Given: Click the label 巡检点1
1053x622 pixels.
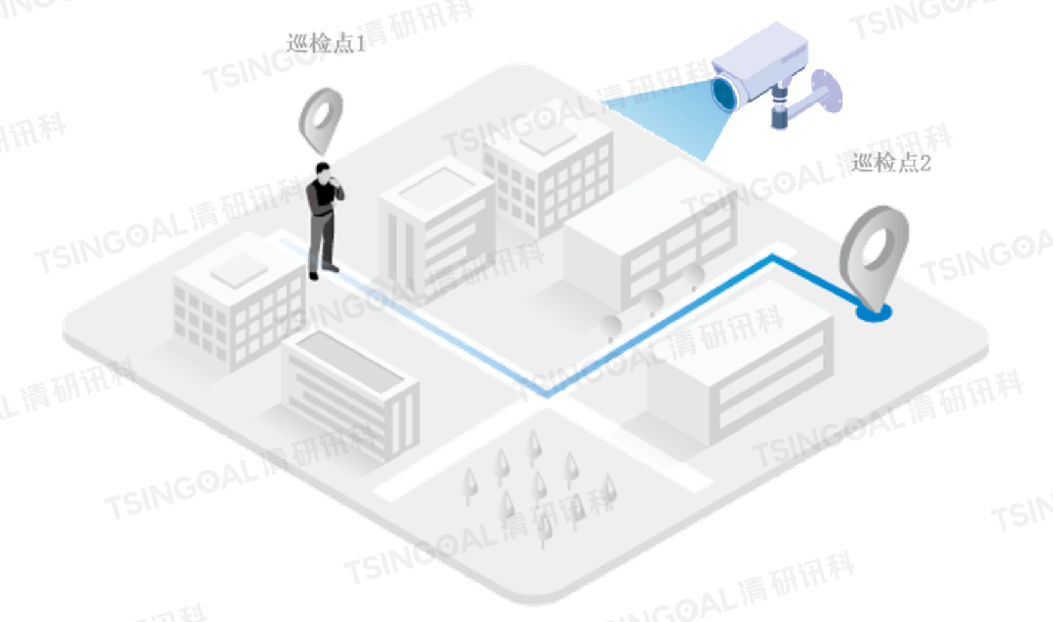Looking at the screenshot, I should (x=326, y=44).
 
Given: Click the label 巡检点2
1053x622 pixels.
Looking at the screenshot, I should (x=891, y=164).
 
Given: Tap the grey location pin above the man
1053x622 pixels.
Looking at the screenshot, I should (x=322, y=120).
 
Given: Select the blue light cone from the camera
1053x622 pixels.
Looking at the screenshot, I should (x=663, y=117).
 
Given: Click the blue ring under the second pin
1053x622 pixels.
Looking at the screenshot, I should (x=874, y=313).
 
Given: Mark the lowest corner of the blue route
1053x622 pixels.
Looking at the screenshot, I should (x=548, y=394).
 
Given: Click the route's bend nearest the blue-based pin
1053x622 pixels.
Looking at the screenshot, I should (x=773, y=257).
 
